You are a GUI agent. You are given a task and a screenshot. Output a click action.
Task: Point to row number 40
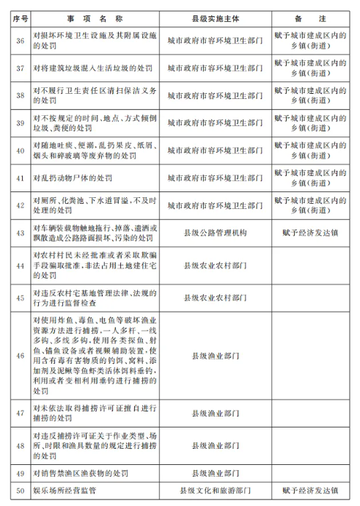click(15, 150)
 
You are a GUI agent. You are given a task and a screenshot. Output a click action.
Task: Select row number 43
click(15, 232)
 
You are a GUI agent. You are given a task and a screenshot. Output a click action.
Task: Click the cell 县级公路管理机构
click(215, 232)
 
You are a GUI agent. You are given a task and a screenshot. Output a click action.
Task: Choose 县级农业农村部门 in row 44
click(215, 265)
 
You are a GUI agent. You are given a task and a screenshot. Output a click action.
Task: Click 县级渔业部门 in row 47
click(215, 413)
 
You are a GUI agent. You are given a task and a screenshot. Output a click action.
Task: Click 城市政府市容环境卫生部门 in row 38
click(215, 95)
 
